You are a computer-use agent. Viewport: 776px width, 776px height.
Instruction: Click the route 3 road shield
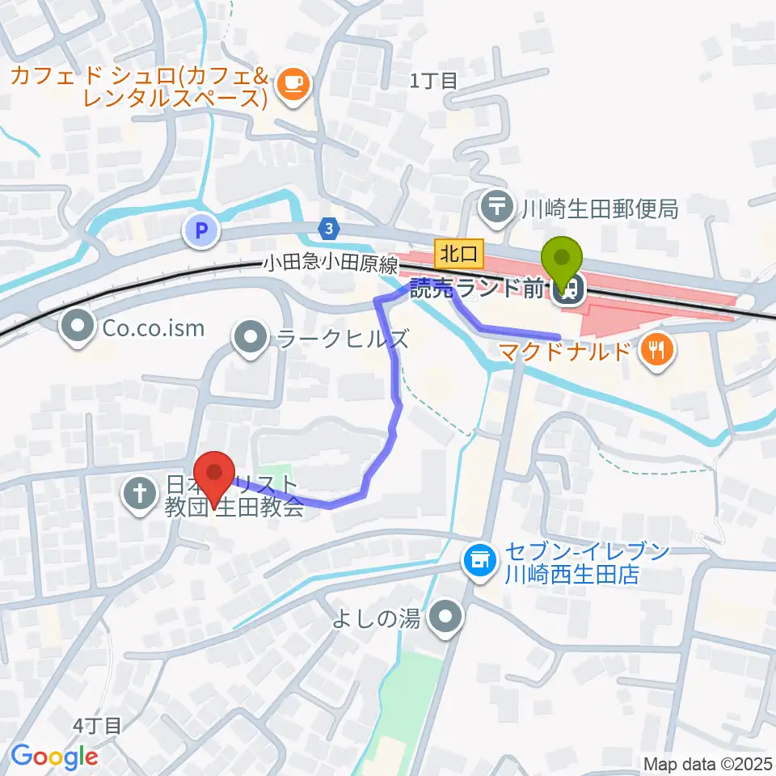click(328, 230)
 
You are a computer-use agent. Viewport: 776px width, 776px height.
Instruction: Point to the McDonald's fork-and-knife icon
click(656, 350)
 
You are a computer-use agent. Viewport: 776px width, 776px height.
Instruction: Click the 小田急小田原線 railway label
click(330, 264)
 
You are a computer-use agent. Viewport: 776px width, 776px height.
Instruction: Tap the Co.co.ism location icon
click(78, 327)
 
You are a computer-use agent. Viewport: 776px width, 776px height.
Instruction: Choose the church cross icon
click(140, 495)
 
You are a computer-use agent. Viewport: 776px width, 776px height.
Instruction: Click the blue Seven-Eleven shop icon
click(479, 559)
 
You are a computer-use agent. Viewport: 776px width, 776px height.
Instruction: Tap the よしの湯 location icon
click(445, 619)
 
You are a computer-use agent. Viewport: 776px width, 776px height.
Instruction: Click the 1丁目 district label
click(433, 80)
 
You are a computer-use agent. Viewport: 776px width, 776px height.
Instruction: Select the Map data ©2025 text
click(707, 763)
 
